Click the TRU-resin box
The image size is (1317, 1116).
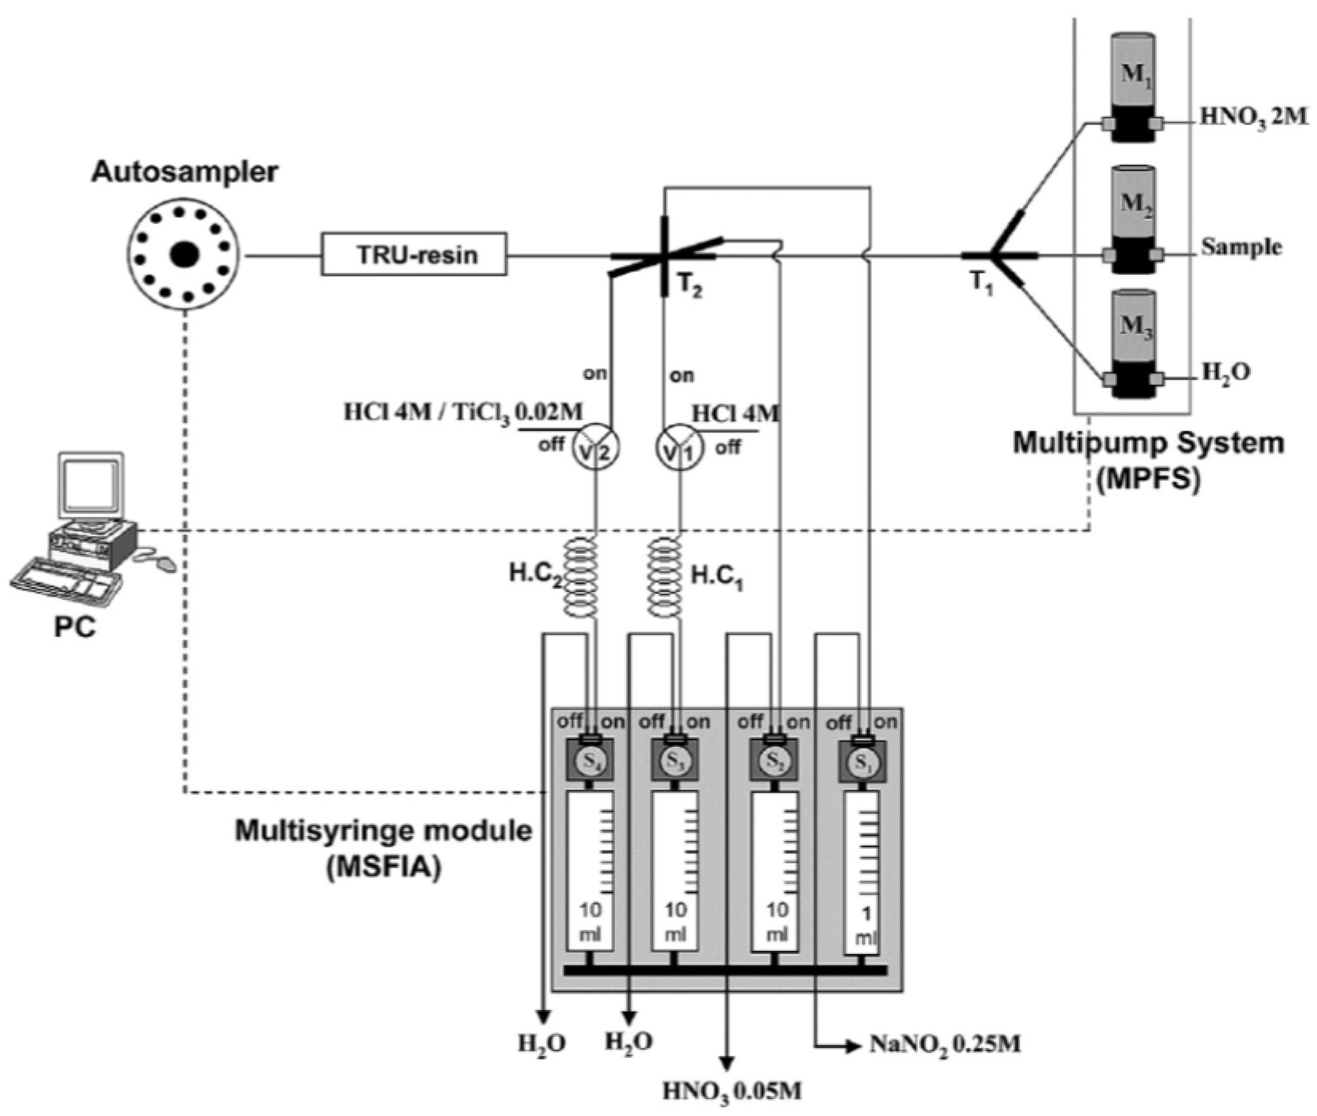click(x=414, y=254)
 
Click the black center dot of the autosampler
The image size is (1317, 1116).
click(x=185, y=254)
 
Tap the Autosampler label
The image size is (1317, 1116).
click(x=185, y=172)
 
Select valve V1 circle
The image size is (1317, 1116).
click(x=680, y=450)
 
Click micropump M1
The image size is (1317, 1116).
click(x=1132, y=88)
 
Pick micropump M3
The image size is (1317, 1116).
click(x=1132, y=343)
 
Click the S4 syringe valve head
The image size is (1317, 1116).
click(x=590, y=760)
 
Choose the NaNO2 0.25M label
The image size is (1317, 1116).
click(x=944, y=1044)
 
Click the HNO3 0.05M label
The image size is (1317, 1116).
click(x=731, y=1090)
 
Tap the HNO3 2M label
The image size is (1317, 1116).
click(x=1253, y=117)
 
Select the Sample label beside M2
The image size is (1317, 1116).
click(x=1241, y=247)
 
